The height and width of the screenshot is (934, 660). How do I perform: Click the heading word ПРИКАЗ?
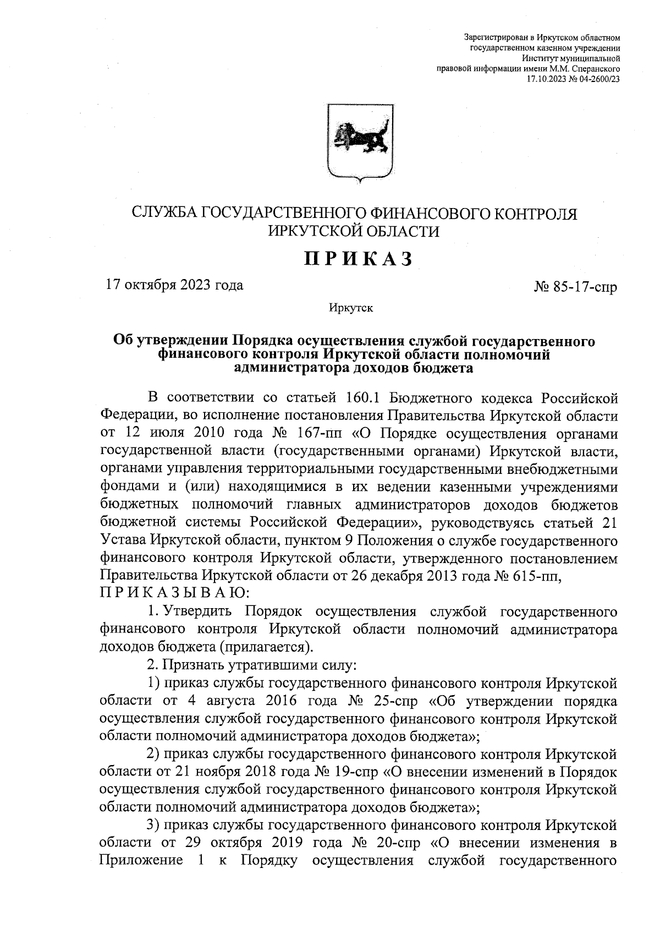tap(358, 259)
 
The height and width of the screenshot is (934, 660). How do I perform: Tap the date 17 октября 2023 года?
tap(174, 285)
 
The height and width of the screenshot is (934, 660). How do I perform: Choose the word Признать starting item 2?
tap(195, 665)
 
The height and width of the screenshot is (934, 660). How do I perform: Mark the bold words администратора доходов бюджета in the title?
tap(354, 369)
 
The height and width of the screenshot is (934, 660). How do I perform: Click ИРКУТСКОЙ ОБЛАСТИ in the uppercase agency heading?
tap(354, 232)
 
